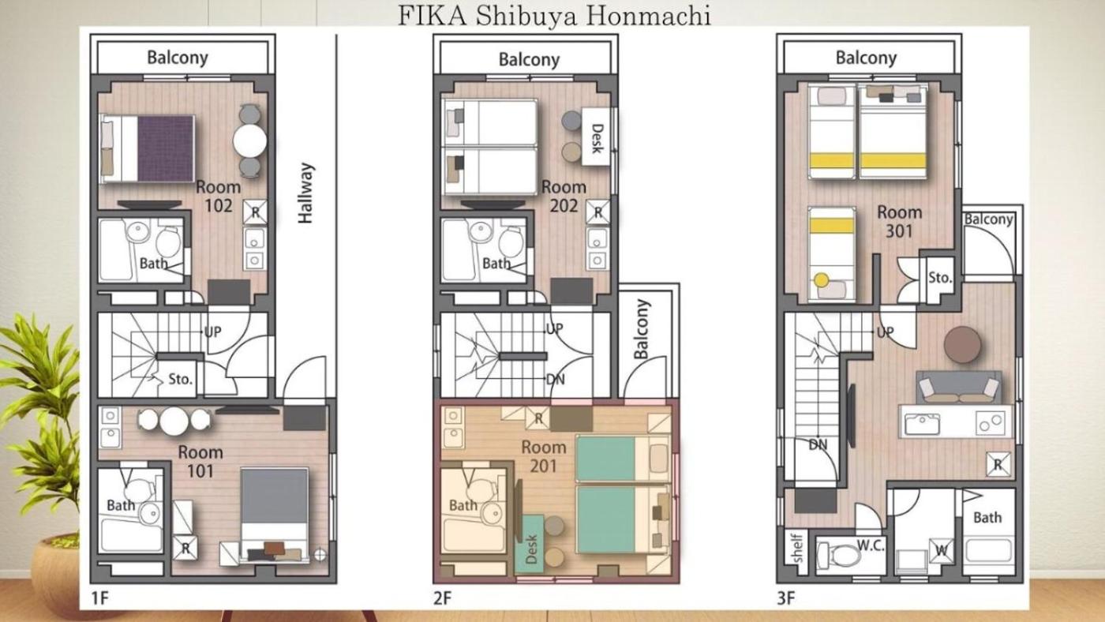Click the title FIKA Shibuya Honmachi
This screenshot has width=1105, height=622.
(x=554, y=16)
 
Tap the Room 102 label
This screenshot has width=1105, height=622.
(x=218, y=196)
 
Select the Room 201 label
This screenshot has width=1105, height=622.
(x=544, y=456)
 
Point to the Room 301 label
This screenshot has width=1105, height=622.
(x=899, y=222)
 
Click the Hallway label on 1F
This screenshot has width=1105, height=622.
(x=305, y=193)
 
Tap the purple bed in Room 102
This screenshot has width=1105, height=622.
(x=148, y=148)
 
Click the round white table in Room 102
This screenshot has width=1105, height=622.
(x=249, y=141)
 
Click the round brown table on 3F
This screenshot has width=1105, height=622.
(x=962, y=345)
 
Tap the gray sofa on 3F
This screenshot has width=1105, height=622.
(x=958, y=388)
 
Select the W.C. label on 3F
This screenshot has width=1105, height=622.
(x=871, y=545)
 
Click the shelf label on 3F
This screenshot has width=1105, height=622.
(x=796, y=548)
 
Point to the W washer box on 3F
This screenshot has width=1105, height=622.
(x=941, y=550)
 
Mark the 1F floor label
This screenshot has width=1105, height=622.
(x=99, y=598)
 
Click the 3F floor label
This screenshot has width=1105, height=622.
(x=786, y=598)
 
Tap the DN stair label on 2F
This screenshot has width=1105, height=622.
(x=556, y=380)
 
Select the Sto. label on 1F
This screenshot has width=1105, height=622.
(x=180, y=380)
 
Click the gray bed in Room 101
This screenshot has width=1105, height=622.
(x=275, y=514)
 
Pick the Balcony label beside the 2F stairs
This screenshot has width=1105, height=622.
(x=642, y=329)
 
